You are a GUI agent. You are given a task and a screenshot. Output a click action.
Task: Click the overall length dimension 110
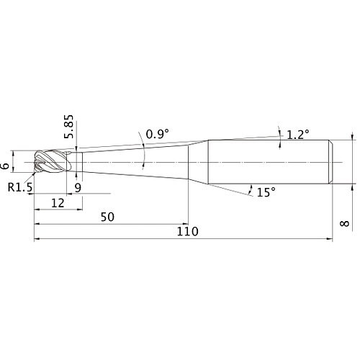coord(186,232)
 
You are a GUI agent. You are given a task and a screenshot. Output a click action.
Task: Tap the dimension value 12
coord(58,203)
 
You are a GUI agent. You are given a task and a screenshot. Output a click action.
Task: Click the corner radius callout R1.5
coord(21,187)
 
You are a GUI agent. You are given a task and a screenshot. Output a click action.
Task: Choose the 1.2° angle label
coord(297,134)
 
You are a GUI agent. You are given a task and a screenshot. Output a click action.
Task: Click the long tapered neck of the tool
coord(133,163)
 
